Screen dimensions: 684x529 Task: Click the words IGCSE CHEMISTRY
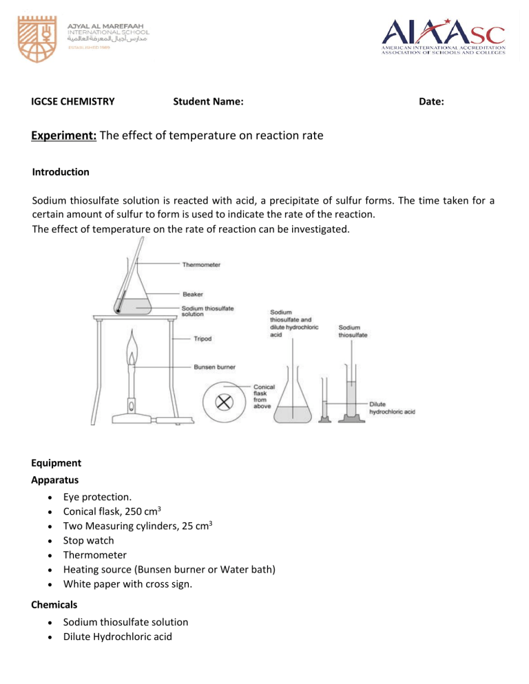click(73, 102)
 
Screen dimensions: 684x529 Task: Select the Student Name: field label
click(207, 102)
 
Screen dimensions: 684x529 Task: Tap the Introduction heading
click(61, 171)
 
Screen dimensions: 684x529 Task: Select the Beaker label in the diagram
click(192, 295)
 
